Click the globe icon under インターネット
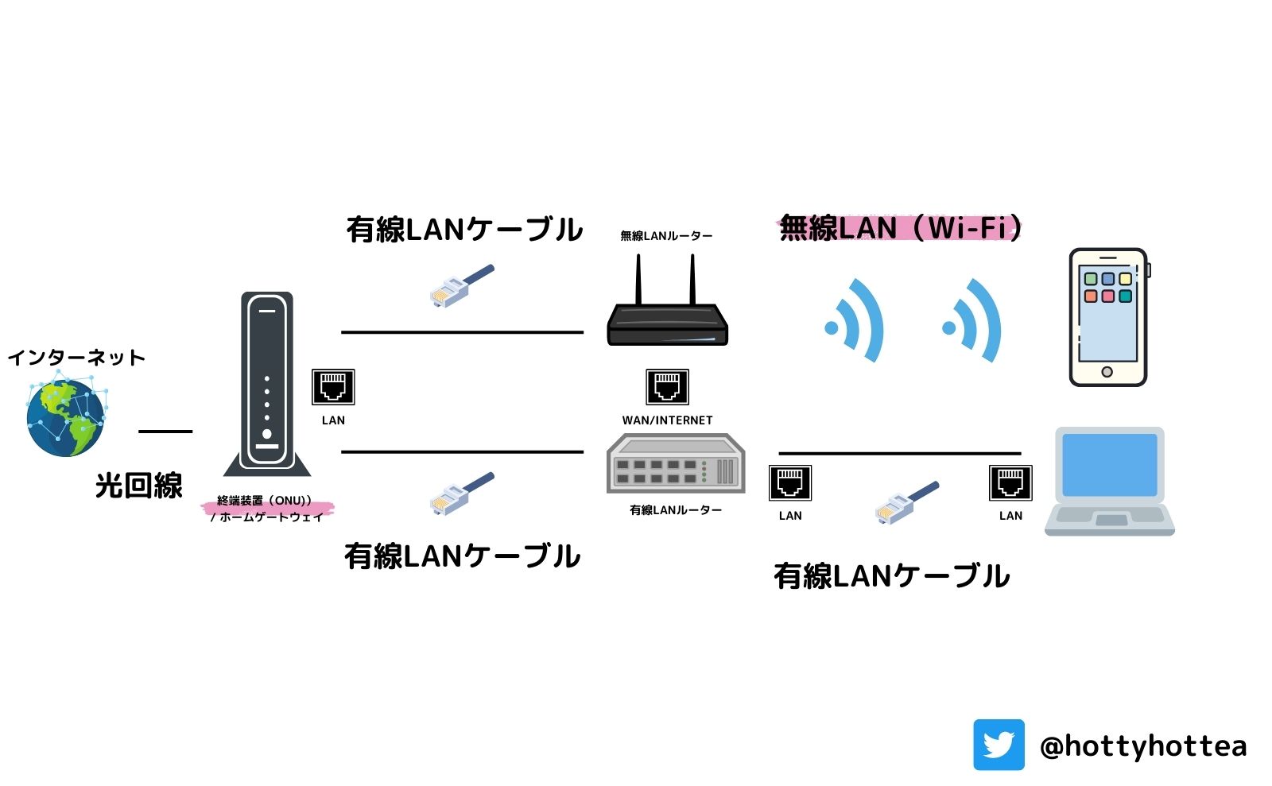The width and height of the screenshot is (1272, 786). pos(66,418)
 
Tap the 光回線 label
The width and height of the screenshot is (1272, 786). pos(139,486)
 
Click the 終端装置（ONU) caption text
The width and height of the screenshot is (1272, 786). pos(265,501)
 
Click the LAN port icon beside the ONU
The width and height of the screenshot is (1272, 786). pos(332,388)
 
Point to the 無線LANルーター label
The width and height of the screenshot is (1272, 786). pos(666,236)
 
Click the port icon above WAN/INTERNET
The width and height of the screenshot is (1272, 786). pos(667,388)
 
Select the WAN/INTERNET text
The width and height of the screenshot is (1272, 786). pos(667,420)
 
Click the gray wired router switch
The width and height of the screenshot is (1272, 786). pos(675,464)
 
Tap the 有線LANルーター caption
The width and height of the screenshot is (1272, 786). pos(675,510)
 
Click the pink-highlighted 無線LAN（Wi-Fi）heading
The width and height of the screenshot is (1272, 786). pos(899,228)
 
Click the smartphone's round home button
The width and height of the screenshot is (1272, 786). pos(1107,372)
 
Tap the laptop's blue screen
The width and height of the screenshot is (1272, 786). pos(1109,465)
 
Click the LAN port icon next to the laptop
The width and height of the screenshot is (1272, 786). pos(1010,482)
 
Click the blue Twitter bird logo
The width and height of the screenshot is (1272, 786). pos(999,745)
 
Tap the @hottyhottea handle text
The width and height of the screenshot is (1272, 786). pos(1142,745)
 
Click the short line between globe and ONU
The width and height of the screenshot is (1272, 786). pos(165,432)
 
